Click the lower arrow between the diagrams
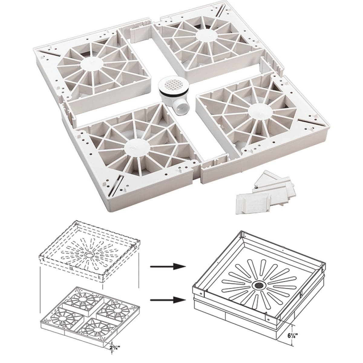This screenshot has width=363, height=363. pos(168,299)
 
